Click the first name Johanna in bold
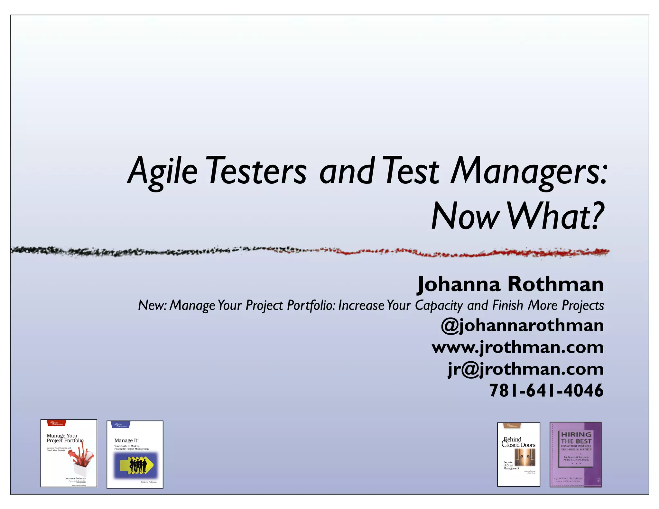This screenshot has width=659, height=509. tap(459, 284)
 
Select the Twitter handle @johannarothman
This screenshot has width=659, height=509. tap(522, 326)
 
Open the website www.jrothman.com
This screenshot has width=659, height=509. tap(517, 347)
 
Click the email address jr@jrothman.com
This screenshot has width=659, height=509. tap(525, 369)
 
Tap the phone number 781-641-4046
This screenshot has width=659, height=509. tap(546, 390)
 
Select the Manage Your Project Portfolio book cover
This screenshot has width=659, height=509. tap(69, 453)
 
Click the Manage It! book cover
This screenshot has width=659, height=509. tap(135, 454)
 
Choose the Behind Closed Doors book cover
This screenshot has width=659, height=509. tap(518, 454)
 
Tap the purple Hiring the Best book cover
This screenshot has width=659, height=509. tap(575, 454)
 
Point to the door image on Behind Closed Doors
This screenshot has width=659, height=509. tap(524, 457)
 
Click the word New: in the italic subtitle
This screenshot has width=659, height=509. tap(152, 305)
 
